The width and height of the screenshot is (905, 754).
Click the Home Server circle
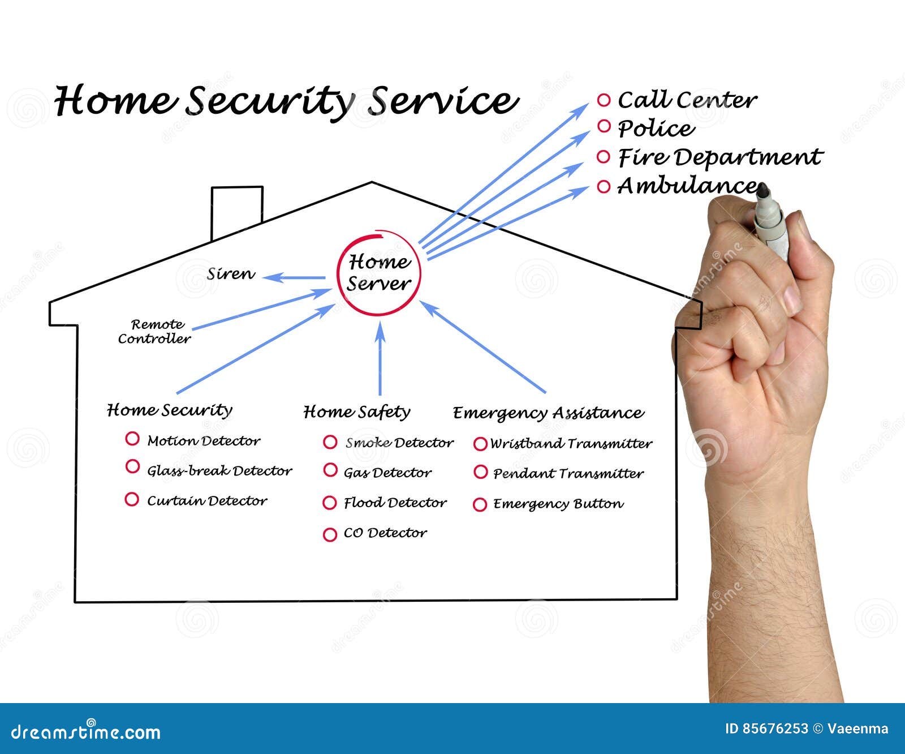pyautogui.click(x=378, y=272)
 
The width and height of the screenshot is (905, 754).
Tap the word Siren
pyautogui.click(x=231, y=275)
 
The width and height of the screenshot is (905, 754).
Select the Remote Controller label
pyautogui.click(x=154, y=332)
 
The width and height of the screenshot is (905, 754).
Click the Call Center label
pyautogui.click(x=687, y=100)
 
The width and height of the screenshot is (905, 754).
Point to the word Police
pyautogui.click(x=656, y=128)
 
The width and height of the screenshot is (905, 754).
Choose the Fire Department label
pyautogui.click(x=719, y=157)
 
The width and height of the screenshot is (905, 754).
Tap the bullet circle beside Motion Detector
pyautogui.click(x=132, y=439)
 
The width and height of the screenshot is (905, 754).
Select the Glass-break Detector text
pyautogui.click(x=219, y=470)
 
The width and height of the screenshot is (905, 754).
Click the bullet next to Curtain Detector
pyautogui.click(x=132, y=499)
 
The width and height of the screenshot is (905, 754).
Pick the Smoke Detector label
pyautogui.click(x=399, y=443)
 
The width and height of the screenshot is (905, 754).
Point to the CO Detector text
pyautogui.click(x=385, y=533)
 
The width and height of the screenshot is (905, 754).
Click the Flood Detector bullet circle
pyautogui.click(x=330, y=503)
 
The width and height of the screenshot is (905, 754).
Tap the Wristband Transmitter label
pyautogui.click(x=571, y=443)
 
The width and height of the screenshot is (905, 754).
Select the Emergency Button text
pyautogui.click(x=558, y=504)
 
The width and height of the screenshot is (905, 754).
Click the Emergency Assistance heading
pyautogui.click(x=548, y=413)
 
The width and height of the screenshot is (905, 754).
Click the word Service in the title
pyautogui.click(x=442, y=101)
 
